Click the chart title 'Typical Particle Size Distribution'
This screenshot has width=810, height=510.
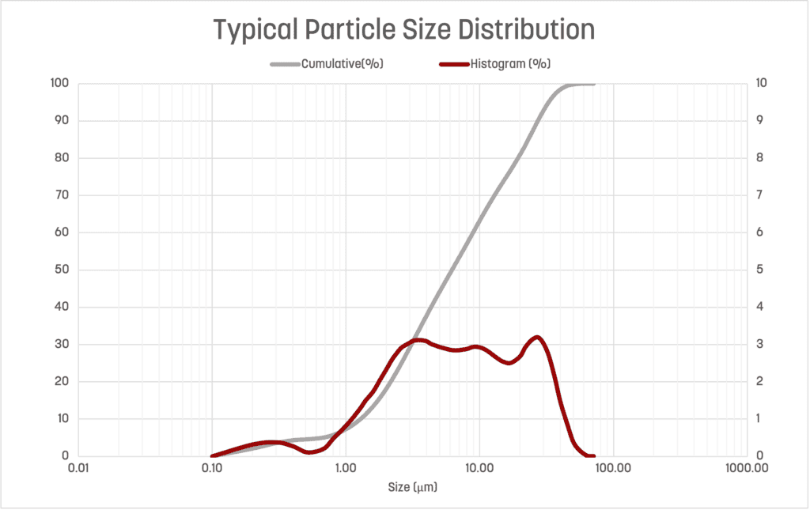click(x=404, y=30)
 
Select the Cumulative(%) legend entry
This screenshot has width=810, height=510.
click(x=343, y=64)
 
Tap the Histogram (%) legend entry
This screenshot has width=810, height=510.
click(x=510, y=64)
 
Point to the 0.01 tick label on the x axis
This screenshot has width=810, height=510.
click(x=78, y=468)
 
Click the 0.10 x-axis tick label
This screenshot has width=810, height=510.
click(x=211, y=468)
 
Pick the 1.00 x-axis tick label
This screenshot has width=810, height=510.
click(x=346, y=468)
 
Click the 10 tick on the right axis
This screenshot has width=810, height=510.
click(x=760, y=84)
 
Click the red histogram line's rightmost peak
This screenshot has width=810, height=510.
click(x=537, y=337)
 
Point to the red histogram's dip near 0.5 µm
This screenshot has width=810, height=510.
click(x=310, y=452)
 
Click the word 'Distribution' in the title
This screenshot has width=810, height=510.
click(x=516, y=30)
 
